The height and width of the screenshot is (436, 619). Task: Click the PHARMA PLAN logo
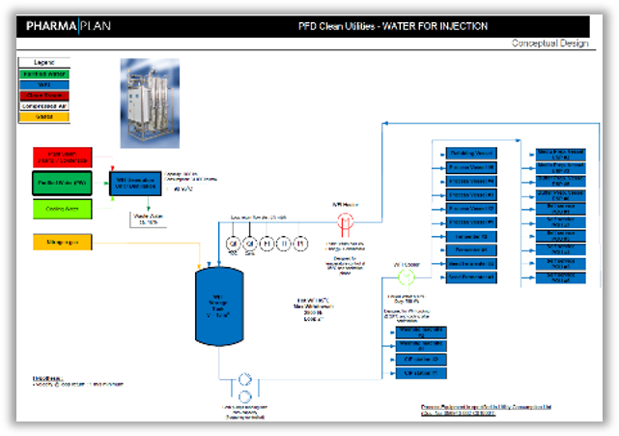point(69,26)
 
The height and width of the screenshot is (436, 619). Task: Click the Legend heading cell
point(43,62)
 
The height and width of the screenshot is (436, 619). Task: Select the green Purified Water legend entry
point(43,73)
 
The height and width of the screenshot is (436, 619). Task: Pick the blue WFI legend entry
point(43,84)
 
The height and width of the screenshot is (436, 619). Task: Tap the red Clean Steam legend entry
point(43,95)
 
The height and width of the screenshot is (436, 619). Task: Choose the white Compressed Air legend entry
point(43,105)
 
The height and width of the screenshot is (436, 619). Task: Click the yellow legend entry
point(43,116)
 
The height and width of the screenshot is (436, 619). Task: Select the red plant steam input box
point(63,157)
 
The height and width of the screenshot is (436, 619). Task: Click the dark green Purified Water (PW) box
point(63,182)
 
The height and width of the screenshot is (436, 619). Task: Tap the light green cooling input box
point(63,207)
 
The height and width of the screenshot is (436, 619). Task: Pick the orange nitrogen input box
point(63,241)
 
